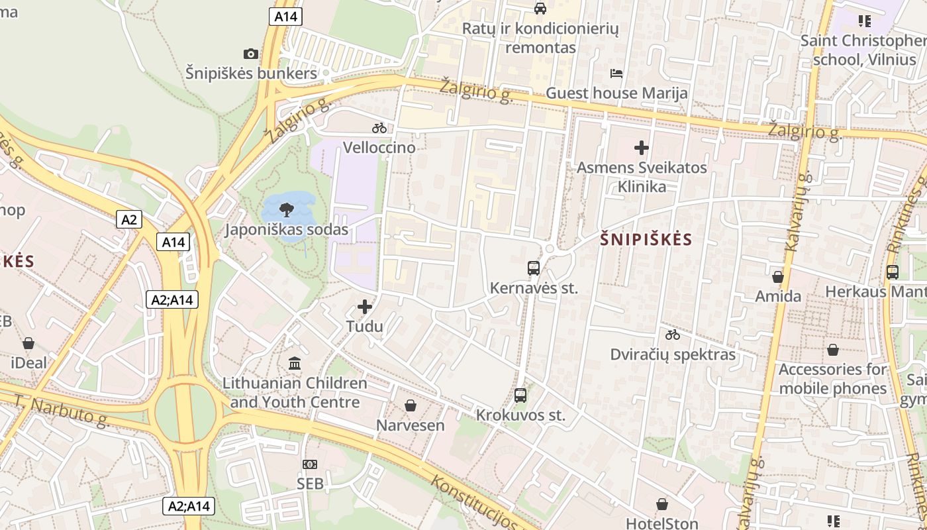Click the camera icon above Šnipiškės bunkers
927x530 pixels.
click(250, 54)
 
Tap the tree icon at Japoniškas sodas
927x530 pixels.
click(286, 210)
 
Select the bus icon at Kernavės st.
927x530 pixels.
click(534, 268)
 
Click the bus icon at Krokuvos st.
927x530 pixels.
click(520, 396)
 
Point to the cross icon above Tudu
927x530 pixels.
click(365, 307)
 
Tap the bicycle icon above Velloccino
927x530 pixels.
click(379, 128)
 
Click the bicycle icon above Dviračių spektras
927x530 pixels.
click(673, 335)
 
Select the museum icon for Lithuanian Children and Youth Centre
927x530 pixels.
click(295, 363)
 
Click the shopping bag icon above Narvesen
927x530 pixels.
click(411, 405)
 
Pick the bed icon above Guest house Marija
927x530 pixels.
click(616, 74)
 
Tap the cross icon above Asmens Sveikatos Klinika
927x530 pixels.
click(641, 148)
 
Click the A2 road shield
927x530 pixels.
click(129, 219)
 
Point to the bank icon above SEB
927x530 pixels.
click(309, 464)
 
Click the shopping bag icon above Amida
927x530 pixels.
click(778, 276)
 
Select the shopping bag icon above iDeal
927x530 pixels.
click(28, 343)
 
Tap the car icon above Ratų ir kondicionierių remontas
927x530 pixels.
click(540, 9)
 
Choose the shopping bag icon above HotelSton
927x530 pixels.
click(661, 504)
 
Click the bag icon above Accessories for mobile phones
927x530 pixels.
click(833, 349)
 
